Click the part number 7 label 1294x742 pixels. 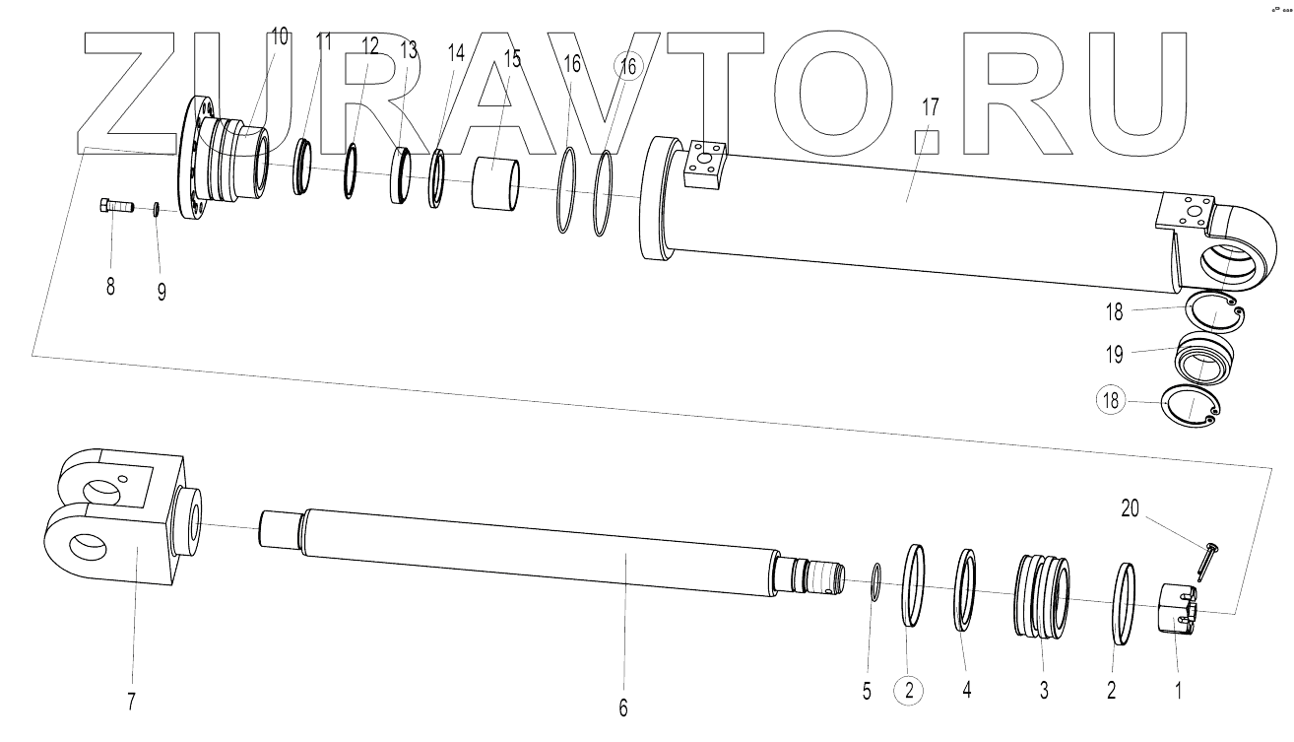pos(131,702)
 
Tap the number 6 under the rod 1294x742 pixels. pos(622,707)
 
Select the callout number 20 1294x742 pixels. pos(1130,508)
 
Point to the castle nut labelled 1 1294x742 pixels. pos(1177,612)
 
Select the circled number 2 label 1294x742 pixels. pos(909,692)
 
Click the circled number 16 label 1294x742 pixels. pos(627,66)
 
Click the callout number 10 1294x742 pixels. pos(279,36)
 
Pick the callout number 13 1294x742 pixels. pos(410,49)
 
